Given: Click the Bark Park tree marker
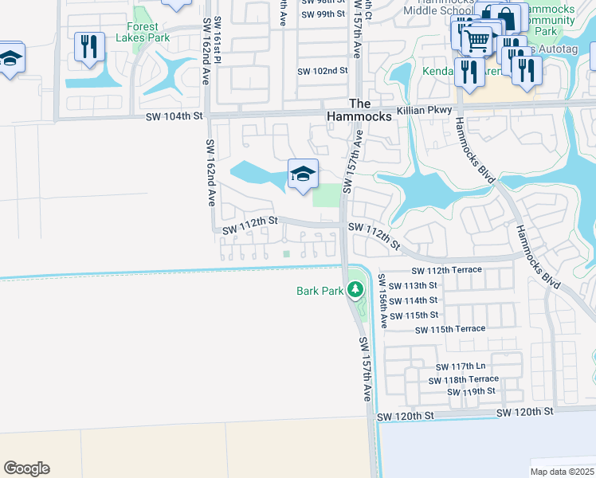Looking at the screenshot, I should pos(355,290).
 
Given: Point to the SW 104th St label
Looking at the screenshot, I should pos(174,116).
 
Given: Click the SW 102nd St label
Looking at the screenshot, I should pos(323,71).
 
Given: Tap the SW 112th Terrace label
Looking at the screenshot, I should pos(447,270).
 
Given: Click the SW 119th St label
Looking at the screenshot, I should pos(471,391).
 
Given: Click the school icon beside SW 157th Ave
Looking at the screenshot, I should pos(303,174).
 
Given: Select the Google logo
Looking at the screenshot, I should pos(26,468).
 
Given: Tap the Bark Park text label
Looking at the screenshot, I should pos(320,291).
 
